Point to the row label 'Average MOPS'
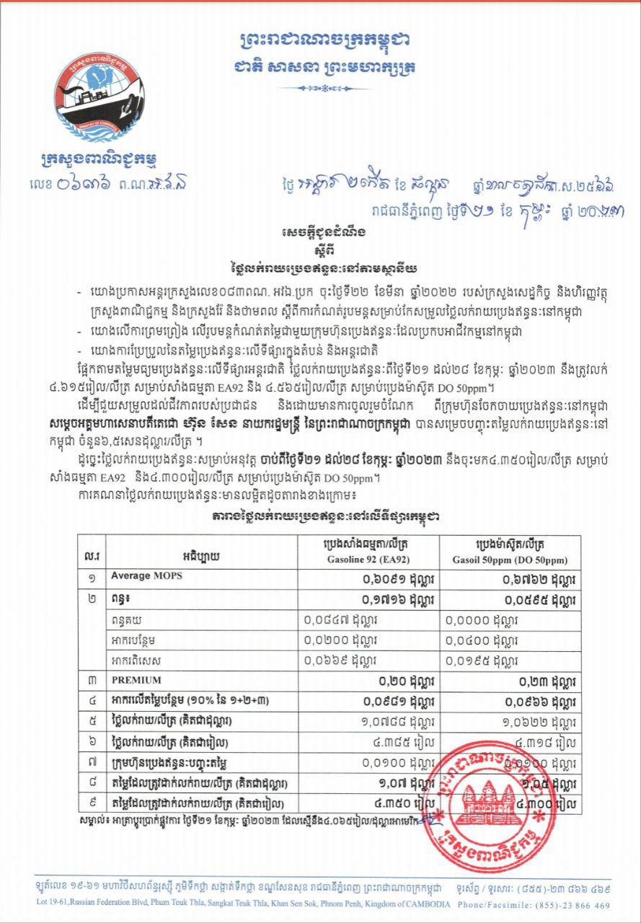[141, 576]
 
